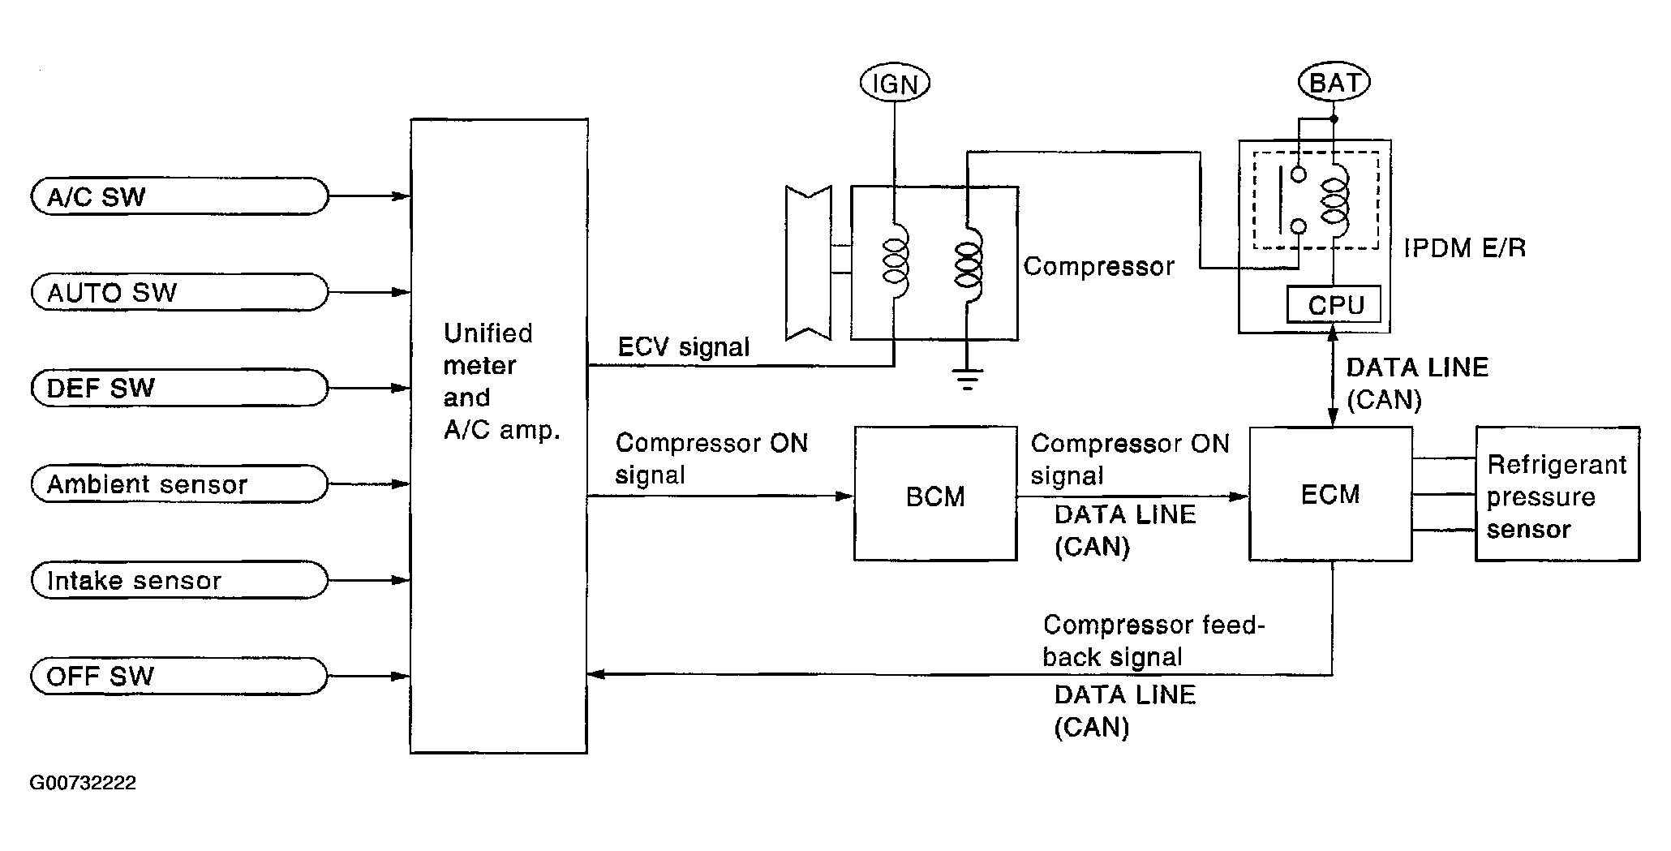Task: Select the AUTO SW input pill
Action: point(179,292)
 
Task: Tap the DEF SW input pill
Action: point(179,388)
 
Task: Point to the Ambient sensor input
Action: point(179,484)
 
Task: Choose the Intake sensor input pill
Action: point(179,580)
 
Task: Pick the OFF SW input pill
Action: point(179,676)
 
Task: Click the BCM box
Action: point(935,493)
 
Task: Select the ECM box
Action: point(1330,493)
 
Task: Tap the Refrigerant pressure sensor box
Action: point(1557,493)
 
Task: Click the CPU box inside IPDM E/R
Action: point(1334,305)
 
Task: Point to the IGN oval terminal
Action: point(895,83)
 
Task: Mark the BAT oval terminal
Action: point(1334,82)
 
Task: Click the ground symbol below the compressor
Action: point(967,378)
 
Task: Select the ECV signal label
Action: point(684,347)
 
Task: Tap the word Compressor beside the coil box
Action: point(1099,266)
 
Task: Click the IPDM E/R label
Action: point(1465,247)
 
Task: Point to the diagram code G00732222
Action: point(83,783)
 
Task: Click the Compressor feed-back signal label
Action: point(1153,641)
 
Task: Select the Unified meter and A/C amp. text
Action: point(502,381)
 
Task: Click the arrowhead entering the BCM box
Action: point(844,496)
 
